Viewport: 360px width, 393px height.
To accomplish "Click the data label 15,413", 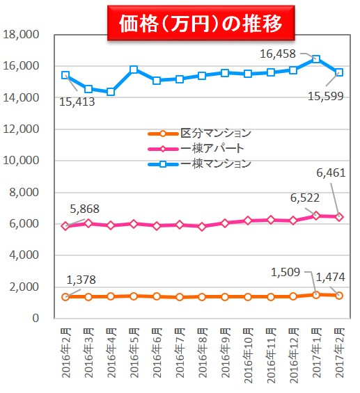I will tap(78, 102).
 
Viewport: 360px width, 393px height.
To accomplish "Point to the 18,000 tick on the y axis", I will tap(22, 35).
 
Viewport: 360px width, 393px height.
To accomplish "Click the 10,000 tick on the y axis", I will tap(22, 161).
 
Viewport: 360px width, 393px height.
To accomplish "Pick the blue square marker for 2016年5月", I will tap(134, 70).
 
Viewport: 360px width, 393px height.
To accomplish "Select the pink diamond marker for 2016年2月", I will tap(65, 226).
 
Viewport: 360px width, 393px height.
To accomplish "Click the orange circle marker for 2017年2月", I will tap(338, 296).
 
